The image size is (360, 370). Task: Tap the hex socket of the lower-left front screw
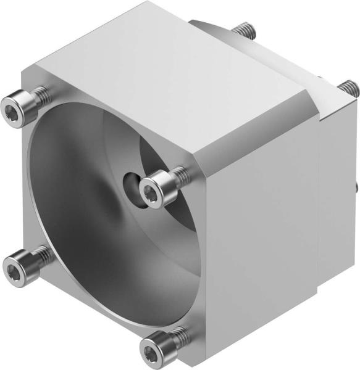pos(13,266)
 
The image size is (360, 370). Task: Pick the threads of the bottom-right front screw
pos(178,337)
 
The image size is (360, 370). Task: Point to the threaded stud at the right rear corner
pos(348,88)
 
